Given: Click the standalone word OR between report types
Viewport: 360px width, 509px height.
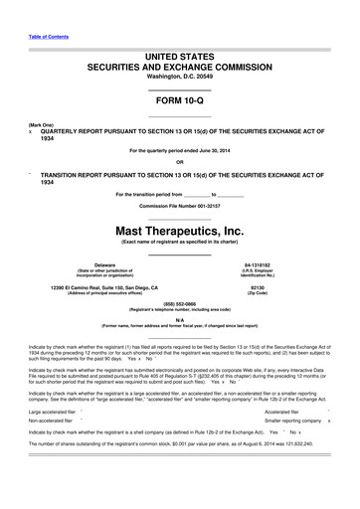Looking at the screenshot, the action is pos(179,162).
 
